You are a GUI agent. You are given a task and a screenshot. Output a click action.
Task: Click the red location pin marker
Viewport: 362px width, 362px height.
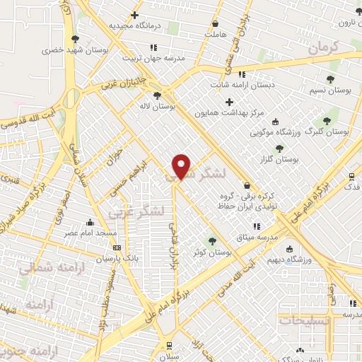point(182,166)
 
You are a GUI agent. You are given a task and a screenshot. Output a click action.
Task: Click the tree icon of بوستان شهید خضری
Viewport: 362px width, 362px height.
point(75,39)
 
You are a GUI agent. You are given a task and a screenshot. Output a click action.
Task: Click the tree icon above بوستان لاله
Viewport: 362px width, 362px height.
point(157,95)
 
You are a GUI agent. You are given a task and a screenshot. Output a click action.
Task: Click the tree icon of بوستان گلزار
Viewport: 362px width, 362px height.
point(280,148)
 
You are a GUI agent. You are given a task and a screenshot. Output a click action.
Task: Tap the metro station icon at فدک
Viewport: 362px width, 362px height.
point(352,177)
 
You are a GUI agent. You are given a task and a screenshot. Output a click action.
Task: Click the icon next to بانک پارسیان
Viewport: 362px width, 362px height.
point(117,247)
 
